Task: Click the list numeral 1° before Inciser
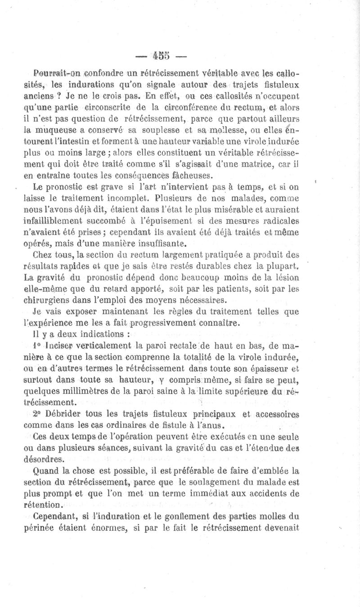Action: click(38, 346)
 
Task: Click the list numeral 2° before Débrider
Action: click(38, 414)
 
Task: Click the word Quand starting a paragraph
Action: click(44, 471)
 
